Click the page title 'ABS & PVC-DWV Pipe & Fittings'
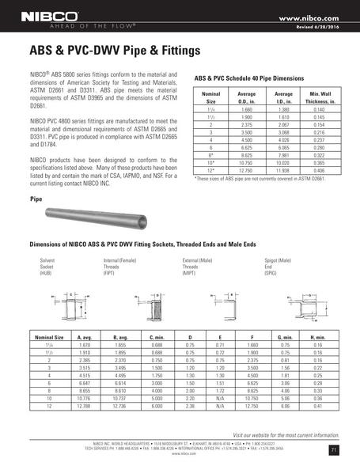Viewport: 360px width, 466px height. pyautogui.click(x=106, y=51)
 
